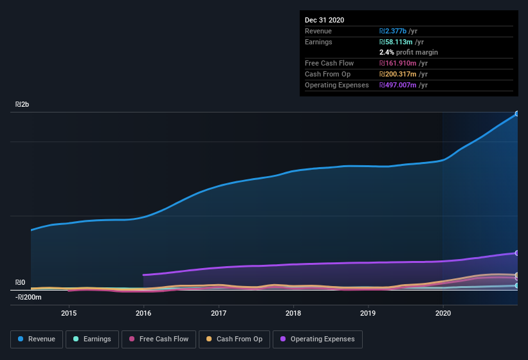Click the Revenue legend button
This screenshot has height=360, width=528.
click(37, 339)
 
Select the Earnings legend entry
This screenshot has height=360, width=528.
click(92, 339)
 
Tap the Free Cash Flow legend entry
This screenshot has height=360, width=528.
click(159, 339)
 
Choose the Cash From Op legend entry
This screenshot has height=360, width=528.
click(233, 339)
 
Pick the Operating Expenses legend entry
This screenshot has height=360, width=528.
click(318, 339)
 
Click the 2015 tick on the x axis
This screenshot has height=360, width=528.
click(69, 313)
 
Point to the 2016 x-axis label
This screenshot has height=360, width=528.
click(143, 313)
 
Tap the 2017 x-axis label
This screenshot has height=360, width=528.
click(219, 313)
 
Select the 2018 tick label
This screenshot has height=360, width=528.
click(293, 313)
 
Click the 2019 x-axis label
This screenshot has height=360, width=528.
click(368, 313)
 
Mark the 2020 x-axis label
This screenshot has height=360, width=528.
click(443, 313)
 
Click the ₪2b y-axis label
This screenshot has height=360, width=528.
click(23, 104)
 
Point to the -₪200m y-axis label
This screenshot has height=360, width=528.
click(28, 297)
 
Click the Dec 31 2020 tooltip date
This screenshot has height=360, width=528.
click(324, 20)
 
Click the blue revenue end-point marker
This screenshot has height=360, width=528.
click(517, 114)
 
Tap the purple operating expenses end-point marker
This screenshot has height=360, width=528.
click(517, 253)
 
